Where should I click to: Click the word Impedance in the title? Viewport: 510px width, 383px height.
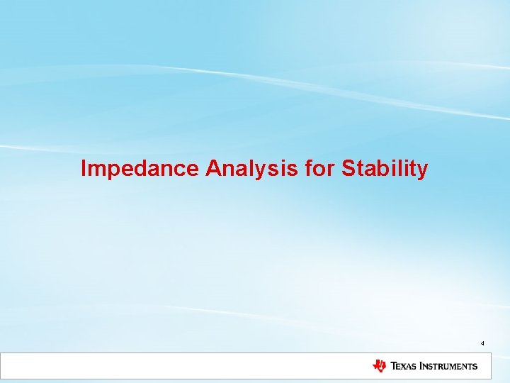click(x=140, y=169)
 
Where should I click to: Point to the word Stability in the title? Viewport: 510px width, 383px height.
click(x=385, y=169)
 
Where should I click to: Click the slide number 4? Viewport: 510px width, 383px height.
click(x=482, y=343)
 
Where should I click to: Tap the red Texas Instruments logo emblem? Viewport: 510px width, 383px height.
click(x=380, y=366)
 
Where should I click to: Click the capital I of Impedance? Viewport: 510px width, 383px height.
click(x=84, y=169)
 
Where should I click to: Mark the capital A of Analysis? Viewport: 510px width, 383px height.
click(x=213, y=169)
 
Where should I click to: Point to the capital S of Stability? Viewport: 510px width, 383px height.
click(x=348, y=169)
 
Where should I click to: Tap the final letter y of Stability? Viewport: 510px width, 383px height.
click(x=422, y=170)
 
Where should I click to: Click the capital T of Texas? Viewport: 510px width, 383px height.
click(x=393, y=367)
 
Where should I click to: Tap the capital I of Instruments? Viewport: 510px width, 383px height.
click(x=422, y=367)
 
